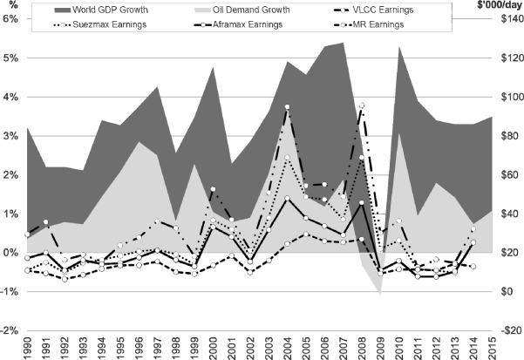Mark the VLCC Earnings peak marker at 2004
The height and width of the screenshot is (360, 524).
tap(287, 107)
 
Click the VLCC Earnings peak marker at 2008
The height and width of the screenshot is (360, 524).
tap(361, 105)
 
